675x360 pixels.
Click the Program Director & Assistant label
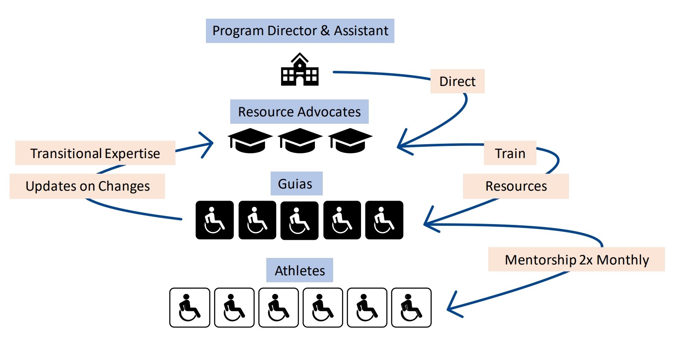pyautogui.click(x=300, y=31)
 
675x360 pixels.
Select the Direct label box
pyautogui.click(x=457, y=81)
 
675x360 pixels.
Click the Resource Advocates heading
pyautogui.click(x=299, y=112)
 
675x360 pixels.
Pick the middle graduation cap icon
pyautogui.click(x=300, y=141)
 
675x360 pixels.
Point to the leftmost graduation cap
pyautogui.click(x=250, y=141)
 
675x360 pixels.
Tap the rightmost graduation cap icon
pyautogui.click(x=350, y=141)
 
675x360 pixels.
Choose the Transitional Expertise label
pyautogui.click(x=95, y=153)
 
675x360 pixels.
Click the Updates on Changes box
pyautogui.click(x=87, y=186)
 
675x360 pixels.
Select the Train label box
pyautogui.click(x=510, y=153)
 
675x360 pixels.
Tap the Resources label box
pyautogui.click(x=516, y=186)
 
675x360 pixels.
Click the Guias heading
pyautogui.click(x=295, y=184)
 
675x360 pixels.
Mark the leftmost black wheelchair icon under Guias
pyautogui.click(x=215, y=220)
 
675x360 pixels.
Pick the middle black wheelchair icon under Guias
pyautogui.click(x=299, y=220)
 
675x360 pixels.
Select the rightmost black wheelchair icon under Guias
pyautogui.click(x=384, y=220)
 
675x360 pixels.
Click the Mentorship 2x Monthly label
pyautogui.click(x=576, y=260)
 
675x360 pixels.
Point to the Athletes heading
pyautogui.click(x=300, y=271)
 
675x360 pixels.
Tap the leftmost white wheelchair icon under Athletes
pyautogui.click(x=190, y=307)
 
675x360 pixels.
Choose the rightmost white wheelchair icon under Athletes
pyautogui.click(x=411, y=307)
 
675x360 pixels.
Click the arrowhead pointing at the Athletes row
pyautogui.click(x=452, y=307)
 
